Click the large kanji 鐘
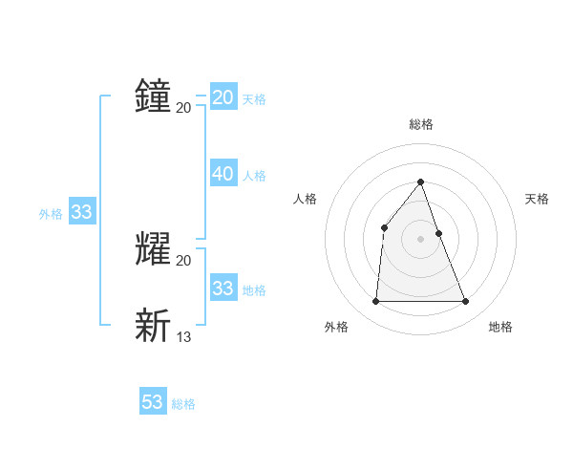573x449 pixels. [153, 96]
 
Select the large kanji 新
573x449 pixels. [153, 325]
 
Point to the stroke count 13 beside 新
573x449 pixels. [184, 336]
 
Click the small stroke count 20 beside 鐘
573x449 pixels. [184, 108]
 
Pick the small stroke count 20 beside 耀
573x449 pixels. [184, 261]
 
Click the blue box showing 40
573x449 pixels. [223, 174]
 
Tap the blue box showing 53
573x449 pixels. [153, 402]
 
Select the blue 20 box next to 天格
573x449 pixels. [223, 97]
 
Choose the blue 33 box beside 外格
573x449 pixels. [81, 212]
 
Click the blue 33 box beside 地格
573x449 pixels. [223, 289]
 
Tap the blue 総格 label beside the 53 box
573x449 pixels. [183, 404]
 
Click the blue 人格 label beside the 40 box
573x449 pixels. [254, 176]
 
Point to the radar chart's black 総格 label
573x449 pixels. [420, 124]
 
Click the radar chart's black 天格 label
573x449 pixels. [538, 199]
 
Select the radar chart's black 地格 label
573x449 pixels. [500, 327]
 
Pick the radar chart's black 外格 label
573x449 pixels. [336, 327]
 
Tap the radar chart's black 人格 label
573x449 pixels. [305, 199]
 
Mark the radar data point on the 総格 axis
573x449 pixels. [420, 182]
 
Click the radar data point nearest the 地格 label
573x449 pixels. [466, 302]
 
